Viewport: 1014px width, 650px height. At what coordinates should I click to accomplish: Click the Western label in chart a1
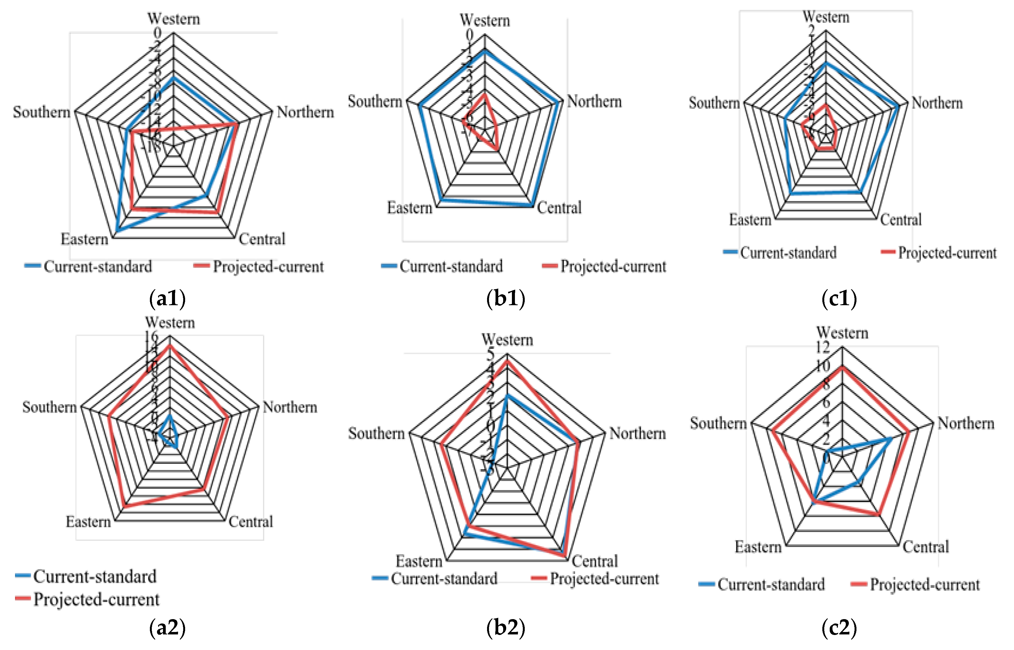click(173, 19)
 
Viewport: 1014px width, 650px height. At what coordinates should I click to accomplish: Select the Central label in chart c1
click(900, 220)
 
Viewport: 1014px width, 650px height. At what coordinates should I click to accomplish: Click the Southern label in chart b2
click(376, 434)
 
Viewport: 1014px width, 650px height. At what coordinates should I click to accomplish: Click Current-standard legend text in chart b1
click(451, 266)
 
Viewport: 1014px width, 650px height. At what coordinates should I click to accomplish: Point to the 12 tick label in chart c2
click(822, 347)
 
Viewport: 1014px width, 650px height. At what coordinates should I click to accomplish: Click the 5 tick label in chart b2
click(490, 354)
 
